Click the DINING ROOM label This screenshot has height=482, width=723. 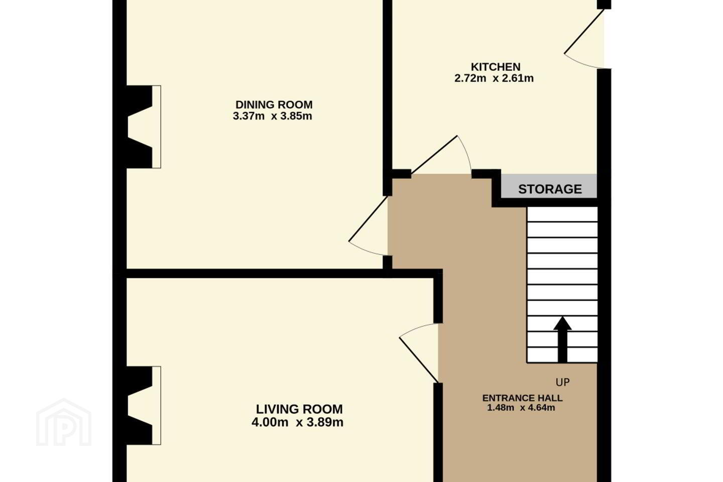click(x=274, y=104)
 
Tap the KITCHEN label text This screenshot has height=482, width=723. click(x=496, y=67)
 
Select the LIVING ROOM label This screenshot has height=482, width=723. click(x=299, y=409)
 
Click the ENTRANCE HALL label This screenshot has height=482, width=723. click(x=522, y=398)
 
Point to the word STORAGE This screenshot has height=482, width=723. click(x=550, y=189)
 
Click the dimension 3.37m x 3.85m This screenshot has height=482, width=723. click(x=273, y=116)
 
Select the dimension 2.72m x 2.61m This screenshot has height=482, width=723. click(x=494, y=78)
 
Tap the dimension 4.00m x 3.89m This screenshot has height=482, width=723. click(x=297, y=422)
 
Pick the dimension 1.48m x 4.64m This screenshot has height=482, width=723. click(x=521, y=408)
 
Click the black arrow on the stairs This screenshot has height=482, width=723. click(x=562, y=339)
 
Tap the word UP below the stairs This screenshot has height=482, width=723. click(x=562, y=382)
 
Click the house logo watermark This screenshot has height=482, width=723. click(x=64, y=422)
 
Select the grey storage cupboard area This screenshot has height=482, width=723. click(x=549, y=186)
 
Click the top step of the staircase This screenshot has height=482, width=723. click(x=562, y=214)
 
